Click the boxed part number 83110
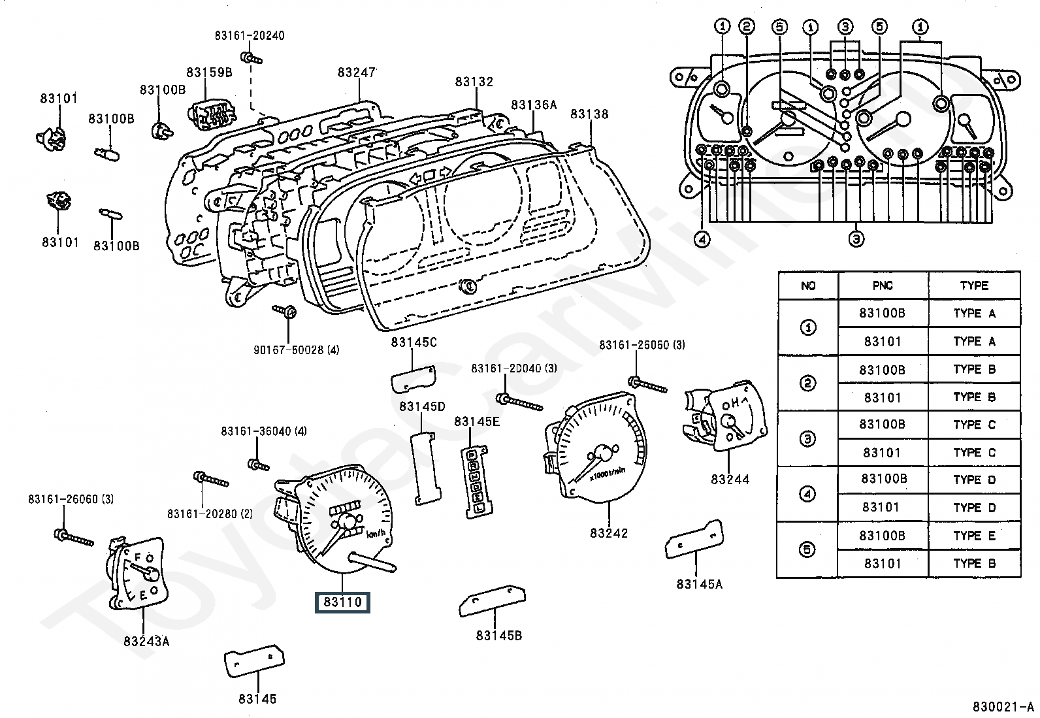tap(342, 602)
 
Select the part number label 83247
tap(357, 72)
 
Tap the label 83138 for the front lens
tap(589, 114)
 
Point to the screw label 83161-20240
tap(250, 36)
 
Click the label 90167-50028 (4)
tap(297, 350)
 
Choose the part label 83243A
tap(146, 641)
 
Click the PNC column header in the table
tap(883, 286)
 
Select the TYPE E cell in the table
tap(974, 536)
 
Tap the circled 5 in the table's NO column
tap(807, 549)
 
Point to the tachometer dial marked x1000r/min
tap(596, 451)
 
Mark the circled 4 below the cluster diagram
tap(702, 240)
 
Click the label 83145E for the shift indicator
tap(477, 422)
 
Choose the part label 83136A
tap(534, 105)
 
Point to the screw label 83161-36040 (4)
tap(264, 431)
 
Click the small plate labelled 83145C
tap(414, 380)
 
